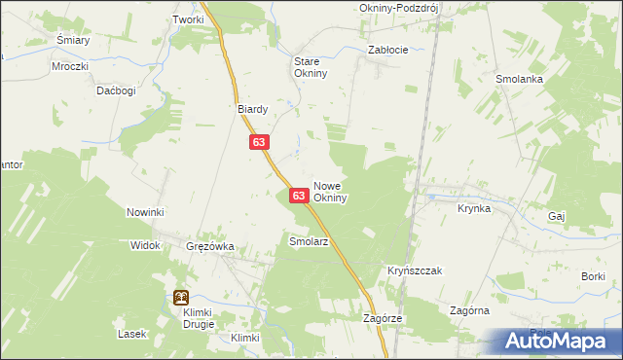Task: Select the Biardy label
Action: (x=253, y=109)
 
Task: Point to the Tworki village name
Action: (x=188, y=19)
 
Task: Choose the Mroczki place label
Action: (x=70, y=67)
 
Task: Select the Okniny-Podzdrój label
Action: (x=393, y=7)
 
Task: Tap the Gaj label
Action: (x=557, y=215)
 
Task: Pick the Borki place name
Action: (x=593, y=277)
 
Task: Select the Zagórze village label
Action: (x=383, y=318)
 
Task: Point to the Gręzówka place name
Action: (x=210, y=246)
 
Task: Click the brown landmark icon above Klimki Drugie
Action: (x=181, y=298)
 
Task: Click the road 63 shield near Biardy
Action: (x=258, y=142)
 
